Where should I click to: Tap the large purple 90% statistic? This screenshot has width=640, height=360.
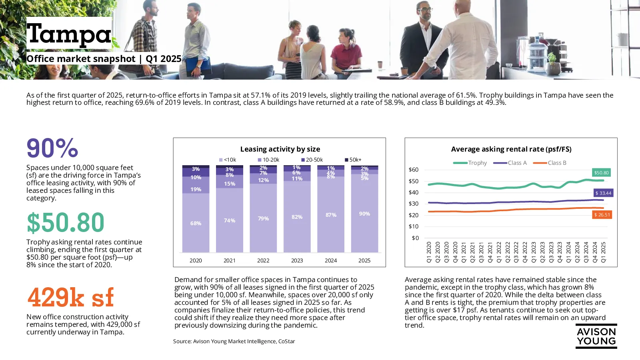pos(52,148)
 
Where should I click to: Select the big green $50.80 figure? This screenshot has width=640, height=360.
pos(66,222)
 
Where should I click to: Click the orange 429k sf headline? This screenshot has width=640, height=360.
pos(70,298)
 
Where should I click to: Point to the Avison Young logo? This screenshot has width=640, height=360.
pos(596,336)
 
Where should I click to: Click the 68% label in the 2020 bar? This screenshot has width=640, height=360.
pos(196,224)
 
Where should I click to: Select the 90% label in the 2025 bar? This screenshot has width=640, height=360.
pos(364,214)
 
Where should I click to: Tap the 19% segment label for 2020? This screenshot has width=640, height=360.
pos(196,189)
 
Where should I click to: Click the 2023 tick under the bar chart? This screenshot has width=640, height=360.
pos(297,260)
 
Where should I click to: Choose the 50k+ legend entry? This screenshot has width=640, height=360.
pos(353,160)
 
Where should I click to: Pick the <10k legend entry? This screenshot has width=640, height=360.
pos(228,160)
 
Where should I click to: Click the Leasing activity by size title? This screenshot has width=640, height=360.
pos(280,149)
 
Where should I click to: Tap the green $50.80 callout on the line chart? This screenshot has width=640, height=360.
pos(601,172)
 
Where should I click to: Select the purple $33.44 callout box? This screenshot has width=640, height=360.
pos(603,193)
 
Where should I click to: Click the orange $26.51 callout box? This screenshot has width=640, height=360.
pos(602,215)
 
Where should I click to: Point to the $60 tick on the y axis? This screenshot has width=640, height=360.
pos(414,170)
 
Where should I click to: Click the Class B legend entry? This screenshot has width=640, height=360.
pos(550,163)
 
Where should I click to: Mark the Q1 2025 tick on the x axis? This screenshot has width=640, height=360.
pos(604,252)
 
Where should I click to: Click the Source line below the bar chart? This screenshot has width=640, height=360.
pos(234,342)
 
